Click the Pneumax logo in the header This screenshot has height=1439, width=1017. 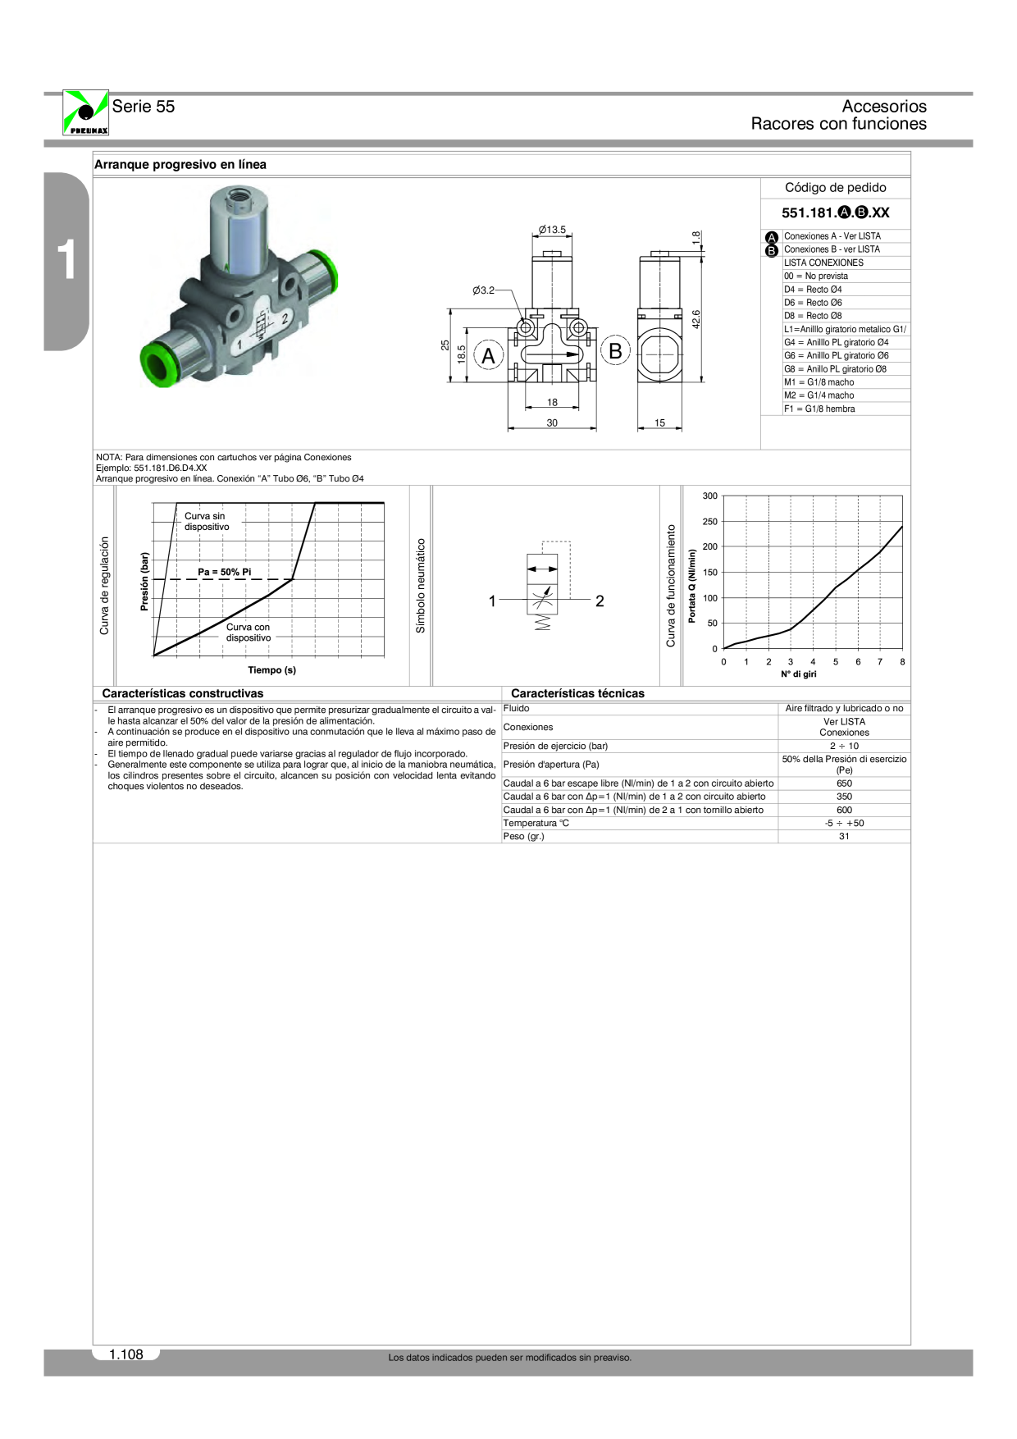point(85,112)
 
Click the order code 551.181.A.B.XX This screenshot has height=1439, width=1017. point(835,212)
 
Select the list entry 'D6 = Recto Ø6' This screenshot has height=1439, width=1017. point(813,303)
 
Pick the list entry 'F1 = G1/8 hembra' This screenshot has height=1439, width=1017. point(819,409)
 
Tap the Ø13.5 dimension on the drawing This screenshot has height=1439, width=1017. point(552,230)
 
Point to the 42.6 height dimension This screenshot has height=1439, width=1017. point(696,319)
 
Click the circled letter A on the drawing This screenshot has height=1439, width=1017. point(489,356)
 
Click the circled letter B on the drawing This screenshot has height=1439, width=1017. point(615,351)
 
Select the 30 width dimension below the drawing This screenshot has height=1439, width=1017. point(552,423)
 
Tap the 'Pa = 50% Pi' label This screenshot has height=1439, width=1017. point(224,572)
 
